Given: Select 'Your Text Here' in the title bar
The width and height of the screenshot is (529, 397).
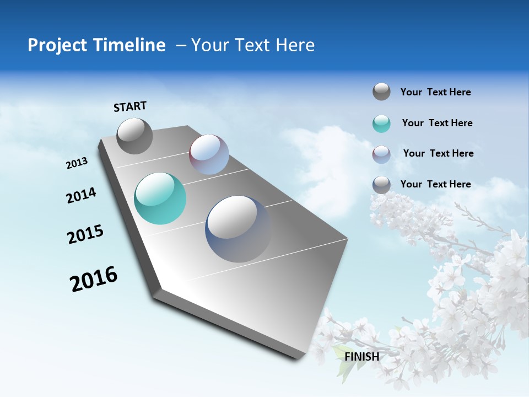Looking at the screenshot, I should (x=253, y=45).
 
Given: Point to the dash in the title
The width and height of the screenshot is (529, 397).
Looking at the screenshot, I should (x=181, y=46).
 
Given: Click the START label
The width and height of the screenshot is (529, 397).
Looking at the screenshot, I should (x=130, y=106).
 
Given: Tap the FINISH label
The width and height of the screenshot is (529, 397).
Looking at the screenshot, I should (x=362, y=357).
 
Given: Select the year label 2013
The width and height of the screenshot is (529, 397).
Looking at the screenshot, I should (x=77, y=163).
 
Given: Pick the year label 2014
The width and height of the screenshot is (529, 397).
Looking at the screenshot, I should (x=81, y=196).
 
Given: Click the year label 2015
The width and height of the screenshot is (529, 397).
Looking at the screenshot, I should (x=85, y=234).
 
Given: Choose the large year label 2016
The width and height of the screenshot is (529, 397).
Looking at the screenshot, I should (x=94, y=279).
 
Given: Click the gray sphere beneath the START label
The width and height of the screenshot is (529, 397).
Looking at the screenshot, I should (x=134, y=136).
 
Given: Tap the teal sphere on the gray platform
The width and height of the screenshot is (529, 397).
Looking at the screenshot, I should (x=160, y=198).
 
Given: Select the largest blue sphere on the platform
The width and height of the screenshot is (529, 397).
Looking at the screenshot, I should (x=238, y=229).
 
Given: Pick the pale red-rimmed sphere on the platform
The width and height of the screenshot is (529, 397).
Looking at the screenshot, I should (x=209, y=154).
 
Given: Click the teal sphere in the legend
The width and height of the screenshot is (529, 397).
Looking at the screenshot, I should (x=381, y=124).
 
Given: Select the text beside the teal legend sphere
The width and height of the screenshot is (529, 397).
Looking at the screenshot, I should (x=437, y=123).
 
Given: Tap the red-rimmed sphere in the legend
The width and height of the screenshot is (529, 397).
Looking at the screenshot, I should (x=381, y=154).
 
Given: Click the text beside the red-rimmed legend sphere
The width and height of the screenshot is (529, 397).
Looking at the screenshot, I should (x=438, y=153).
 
